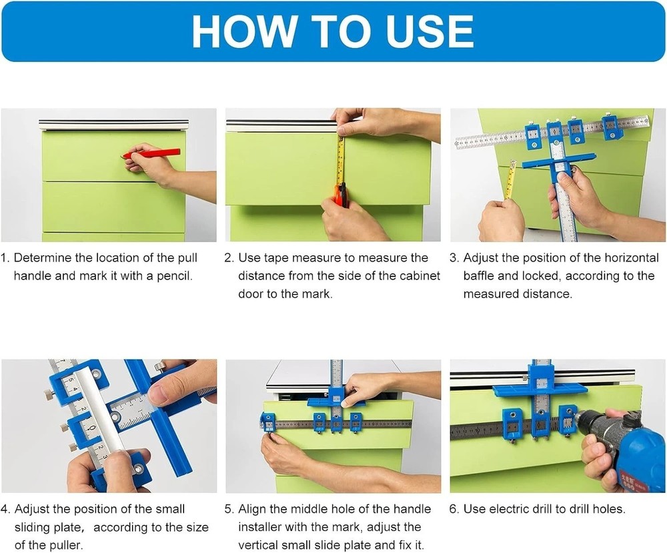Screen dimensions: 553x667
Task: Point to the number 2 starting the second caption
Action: point(229,258)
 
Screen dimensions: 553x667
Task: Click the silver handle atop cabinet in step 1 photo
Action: point(113,124)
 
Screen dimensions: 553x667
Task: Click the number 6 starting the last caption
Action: point(454,510)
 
